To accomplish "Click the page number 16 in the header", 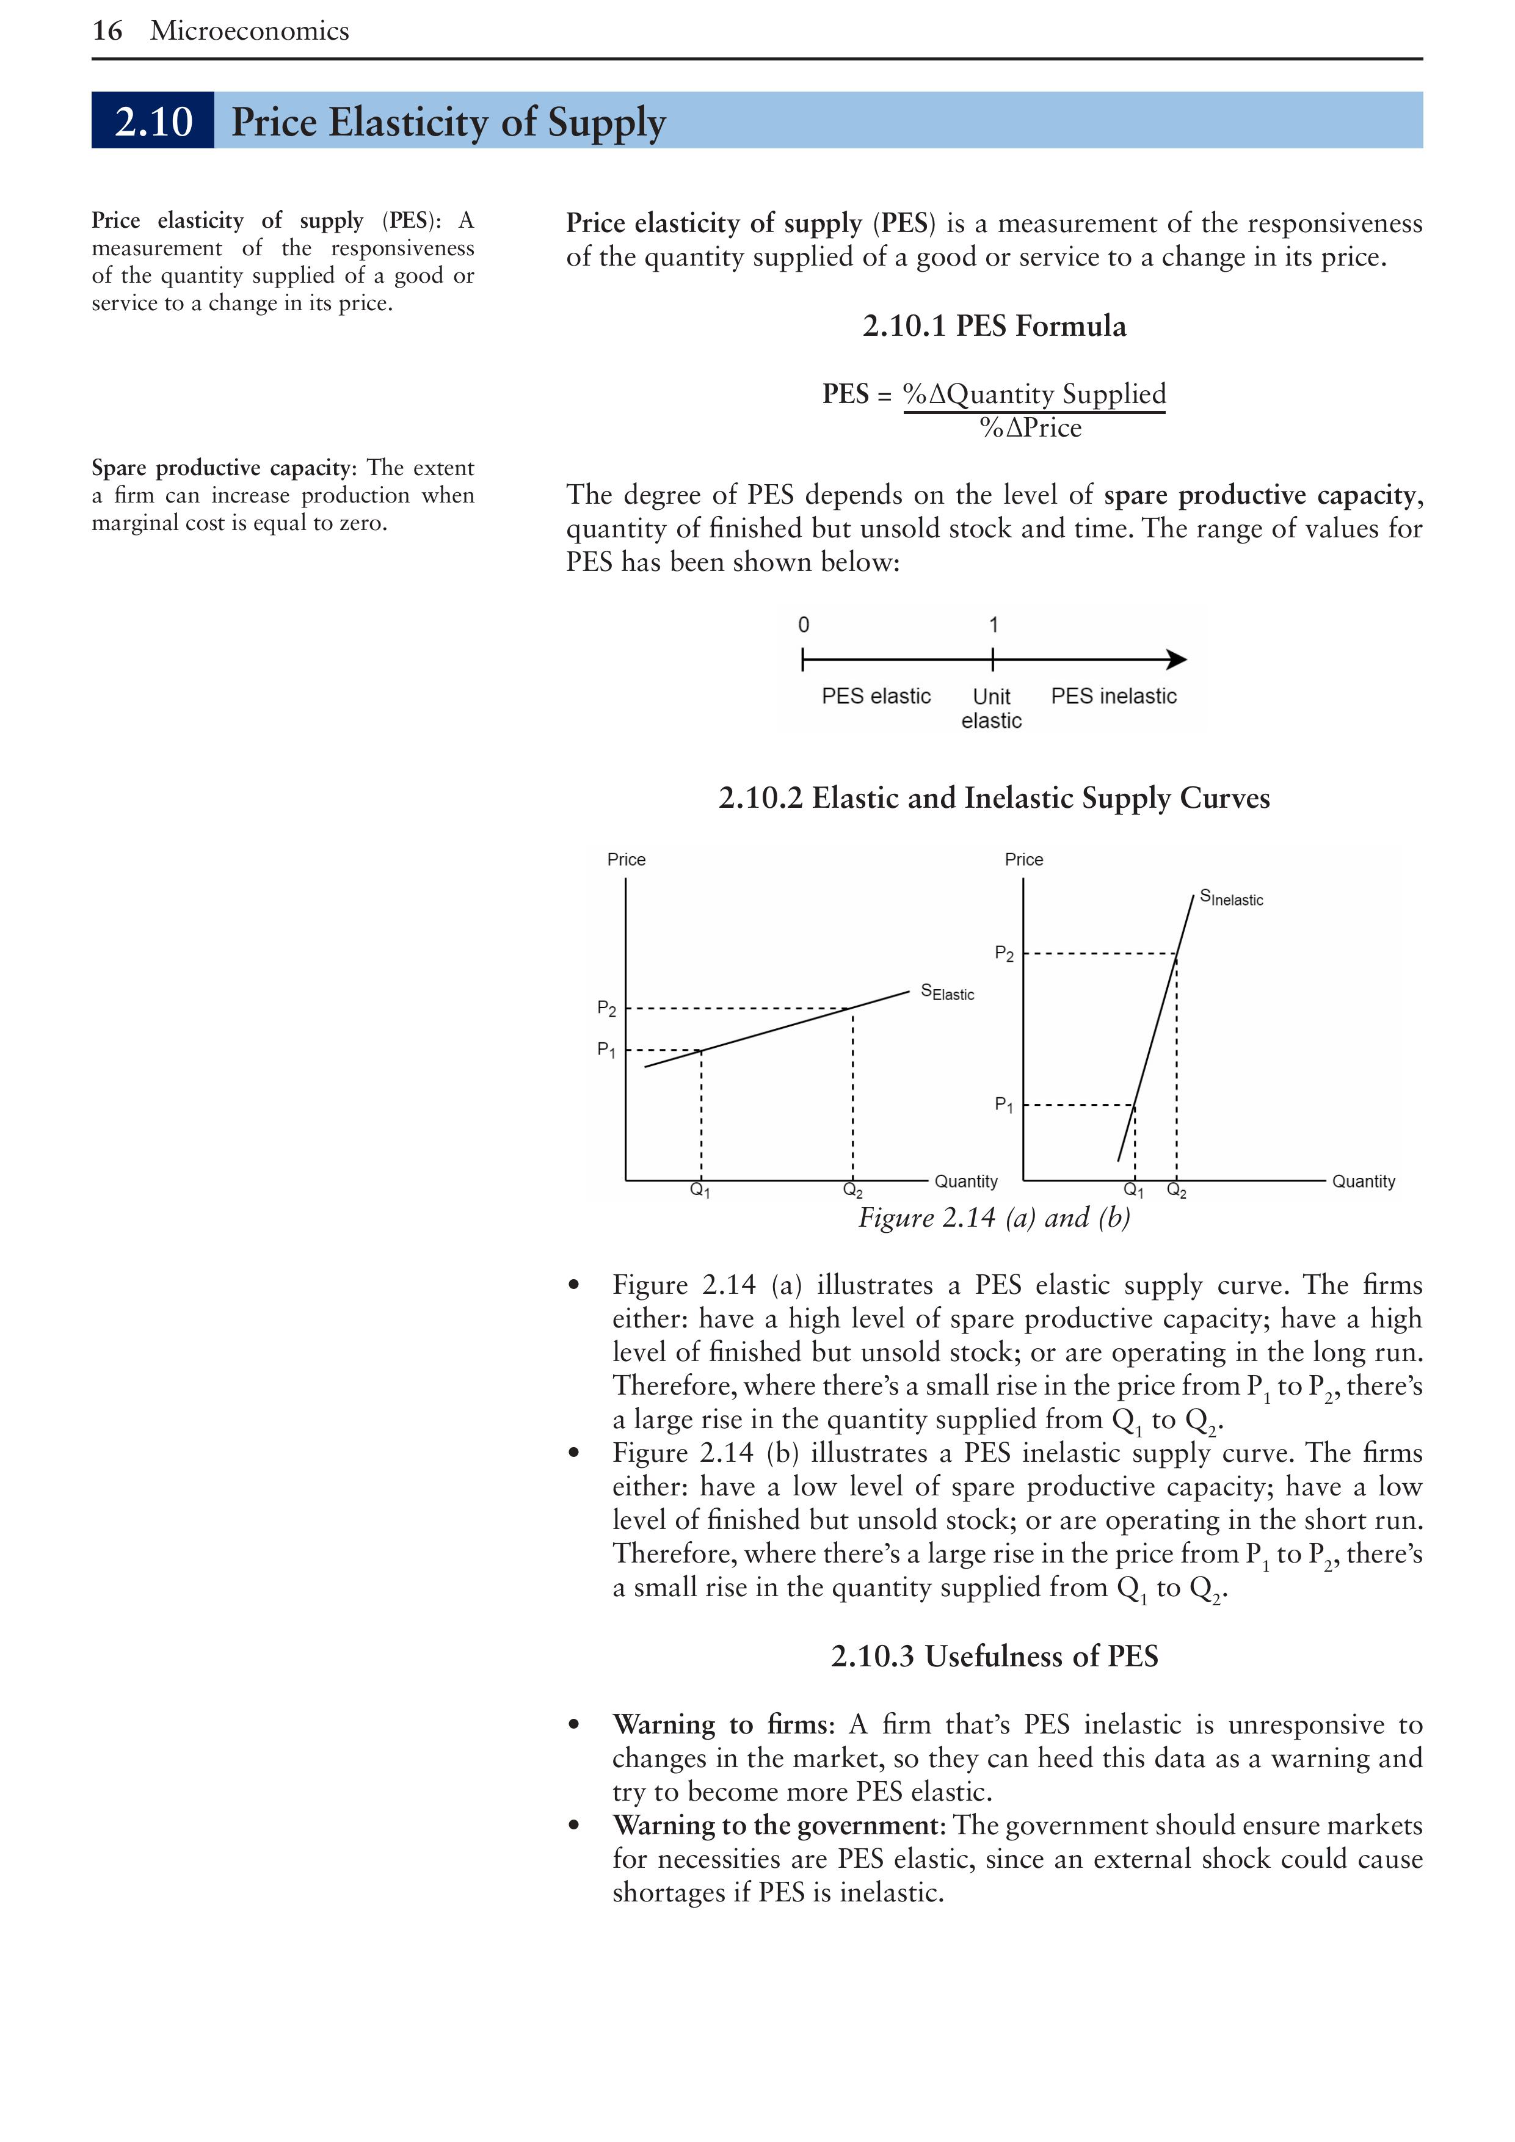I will click(x=107, y=31).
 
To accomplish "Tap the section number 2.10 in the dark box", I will click(x=153, y=122).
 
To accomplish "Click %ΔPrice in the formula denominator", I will click(x=1030, y=428).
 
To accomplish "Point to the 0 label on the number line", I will click(x=803, y=625).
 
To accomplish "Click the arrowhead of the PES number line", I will click(x=1177, y=659).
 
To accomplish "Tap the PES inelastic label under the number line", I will click(x=1113, y=696).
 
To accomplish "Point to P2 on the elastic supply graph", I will click(x=606, y=1009).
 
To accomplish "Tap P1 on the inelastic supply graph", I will click(x=1003, y=1105).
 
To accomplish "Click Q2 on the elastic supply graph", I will click(x=852, y=1191).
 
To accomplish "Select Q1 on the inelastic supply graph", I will click(x=1133, y=1191).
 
